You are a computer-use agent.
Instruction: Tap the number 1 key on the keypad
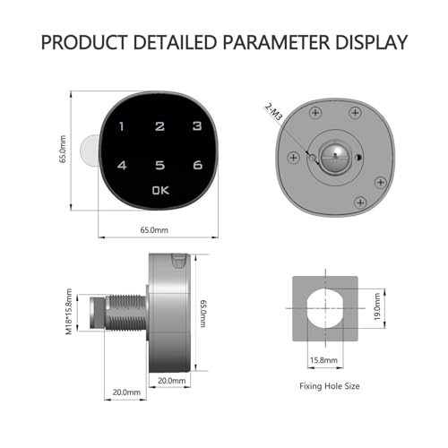(121, 126)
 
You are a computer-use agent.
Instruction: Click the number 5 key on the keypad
(160, 165)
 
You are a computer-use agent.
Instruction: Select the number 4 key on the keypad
(122, 165)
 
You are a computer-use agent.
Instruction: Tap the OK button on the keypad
(160, 190)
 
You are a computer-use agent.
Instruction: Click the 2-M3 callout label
(273, 112)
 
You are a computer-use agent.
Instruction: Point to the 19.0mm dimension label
(377, 306)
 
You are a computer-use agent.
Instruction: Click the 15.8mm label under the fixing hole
(323, 360)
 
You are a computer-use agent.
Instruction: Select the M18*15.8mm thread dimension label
(69, 312)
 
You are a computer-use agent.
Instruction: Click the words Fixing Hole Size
(330, 386)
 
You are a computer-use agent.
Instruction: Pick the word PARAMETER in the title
(276, 42)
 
